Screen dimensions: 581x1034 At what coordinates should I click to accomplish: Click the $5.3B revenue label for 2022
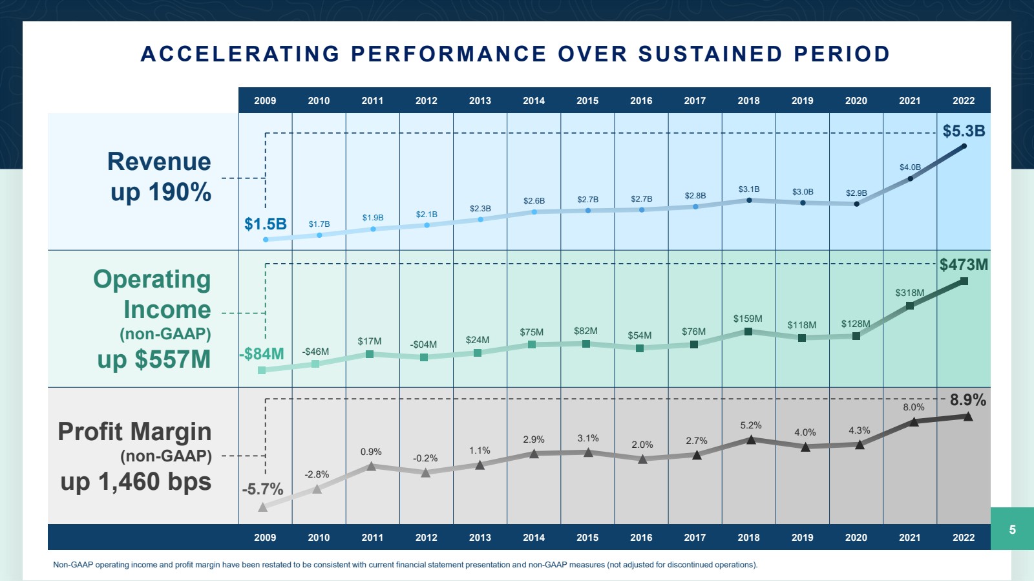click(964, 131)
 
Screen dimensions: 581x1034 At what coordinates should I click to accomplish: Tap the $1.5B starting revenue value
click(266, 224)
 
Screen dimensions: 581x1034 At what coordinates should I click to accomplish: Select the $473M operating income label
click(964, 265)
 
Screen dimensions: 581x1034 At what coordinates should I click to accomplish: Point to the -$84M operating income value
click(262, 354)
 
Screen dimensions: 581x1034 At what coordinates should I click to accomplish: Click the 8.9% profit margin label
click(967, 400)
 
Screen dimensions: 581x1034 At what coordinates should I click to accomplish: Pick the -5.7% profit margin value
click(262, 489)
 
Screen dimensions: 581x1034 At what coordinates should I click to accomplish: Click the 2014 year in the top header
click(534, 101)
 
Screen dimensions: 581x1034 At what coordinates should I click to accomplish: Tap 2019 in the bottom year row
click(802, 538)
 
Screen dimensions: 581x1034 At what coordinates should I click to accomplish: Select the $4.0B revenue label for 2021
click(910, 167)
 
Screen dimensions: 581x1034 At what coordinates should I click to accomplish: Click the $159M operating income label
click(748, 319)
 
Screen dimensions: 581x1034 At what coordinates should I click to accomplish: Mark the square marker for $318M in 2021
click(910, 306)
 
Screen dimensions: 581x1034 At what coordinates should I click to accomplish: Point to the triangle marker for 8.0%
click(914, 422)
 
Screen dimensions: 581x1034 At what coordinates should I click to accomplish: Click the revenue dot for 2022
click(964, 146)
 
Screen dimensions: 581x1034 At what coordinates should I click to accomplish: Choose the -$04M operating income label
click(423, 344)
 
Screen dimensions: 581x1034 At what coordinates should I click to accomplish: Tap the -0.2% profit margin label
click(425, 458)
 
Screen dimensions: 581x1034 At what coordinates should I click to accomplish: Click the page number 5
click(1012, 529)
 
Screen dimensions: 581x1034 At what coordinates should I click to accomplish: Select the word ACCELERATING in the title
click(240, 54)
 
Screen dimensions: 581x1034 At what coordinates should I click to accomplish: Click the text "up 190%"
click(161, 192)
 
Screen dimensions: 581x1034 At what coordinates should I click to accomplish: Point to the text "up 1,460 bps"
click(136, 482)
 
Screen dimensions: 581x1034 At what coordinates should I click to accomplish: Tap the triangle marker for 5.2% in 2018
click(751, 439)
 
